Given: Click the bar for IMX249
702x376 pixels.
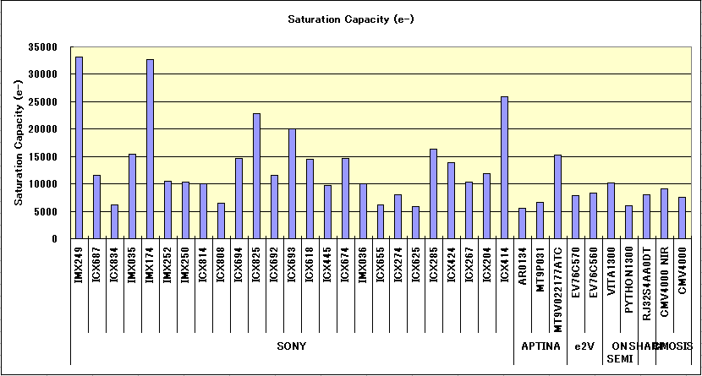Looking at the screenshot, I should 79,148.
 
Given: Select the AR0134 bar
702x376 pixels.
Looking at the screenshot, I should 523,223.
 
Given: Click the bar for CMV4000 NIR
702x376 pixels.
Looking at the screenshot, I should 665,213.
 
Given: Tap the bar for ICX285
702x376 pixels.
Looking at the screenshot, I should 434,193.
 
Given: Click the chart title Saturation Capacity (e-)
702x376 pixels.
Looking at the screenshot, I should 351,19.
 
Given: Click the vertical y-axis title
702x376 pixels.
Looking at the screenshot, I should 19,144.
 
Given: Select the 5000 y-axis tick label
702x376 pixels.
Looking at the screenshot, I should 47,212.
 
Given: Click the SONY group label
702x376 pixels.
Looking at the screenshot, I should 292,346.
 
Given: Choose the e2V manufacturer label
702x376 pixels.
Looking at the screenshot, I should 584,346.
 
